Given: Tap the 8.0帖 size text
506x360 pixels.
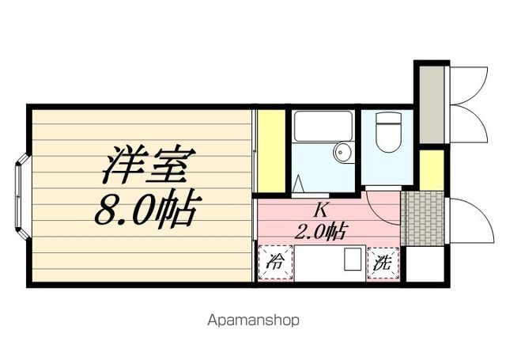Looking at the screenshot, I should click(146, 210).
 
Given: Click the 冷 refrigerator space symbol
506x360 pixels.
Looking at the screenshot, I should click(276, 263).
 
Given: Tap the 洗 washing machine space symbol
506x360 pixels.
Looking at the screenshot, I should click(383, 263).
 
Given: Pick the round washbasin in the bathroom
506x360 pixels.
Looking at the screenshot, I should click(342, 153).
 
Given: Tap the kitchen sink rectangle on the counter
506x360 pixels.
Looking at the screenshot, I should click(353, 260).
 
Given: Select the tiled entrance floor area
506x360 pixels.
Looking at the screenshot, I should click(424, 217).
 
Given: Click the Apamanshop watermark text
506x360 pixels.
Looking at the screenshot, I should click(253, 321).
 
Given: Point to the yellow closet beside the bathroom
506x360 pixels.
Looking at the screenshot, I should click(271, 151).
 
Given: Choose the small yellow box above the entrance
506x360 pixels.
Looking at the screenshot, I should click(432, 169).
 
